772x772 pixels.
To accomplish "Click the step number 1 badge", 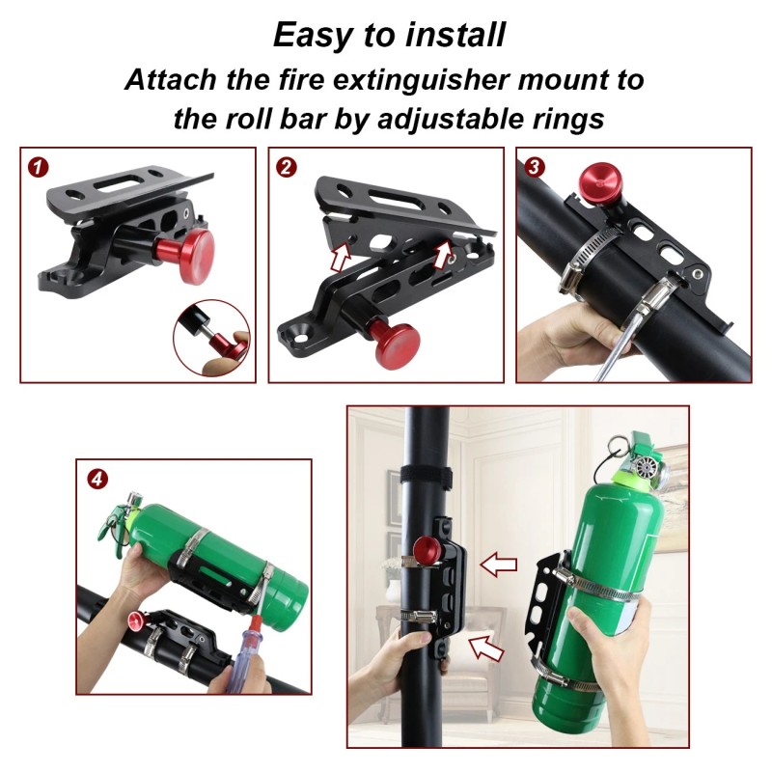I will pos(38,167).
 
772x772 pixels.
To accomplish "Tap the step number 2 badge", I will pos(286,167).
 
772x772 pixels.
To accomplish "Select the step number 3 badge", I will pos(534,167).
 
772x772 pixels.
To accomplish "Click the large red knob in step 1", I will pos(197,250).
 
